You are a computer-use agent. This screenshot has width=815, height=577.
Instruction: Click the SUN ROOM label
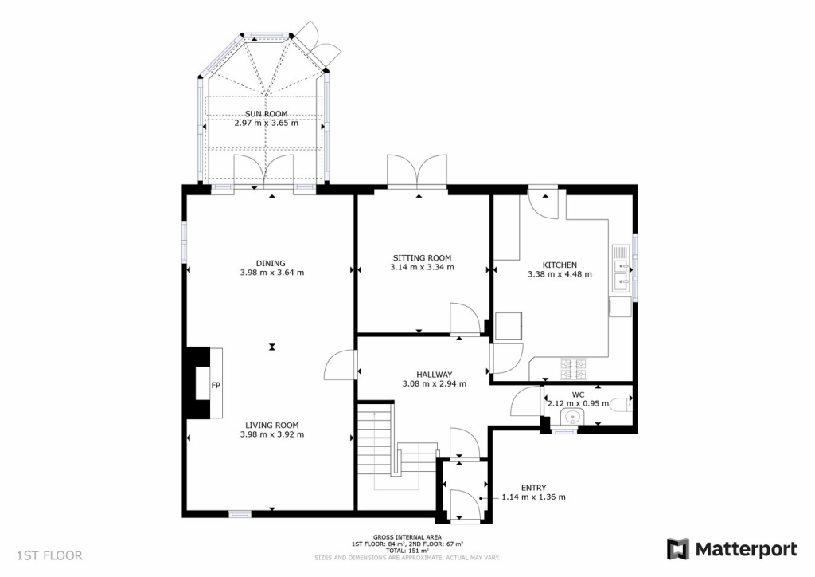coord(266,114)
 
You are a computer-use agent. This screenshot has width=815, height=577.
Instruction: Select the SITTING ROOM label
coord(422,258)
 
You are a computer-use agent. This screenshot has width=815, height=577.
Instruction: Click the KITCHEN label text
coord(560,265)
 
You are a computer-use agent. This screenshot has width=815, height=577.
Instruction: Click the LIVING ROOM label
coord(271,426)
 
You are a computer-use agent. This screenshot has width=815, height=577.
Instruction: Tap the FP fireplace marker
coord(215,386)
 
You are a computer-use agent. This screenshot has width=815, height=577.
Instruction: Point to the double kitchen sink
coord(622,269)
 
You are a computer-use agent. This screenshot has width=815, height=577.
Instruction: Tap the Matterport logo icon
coord(677,549)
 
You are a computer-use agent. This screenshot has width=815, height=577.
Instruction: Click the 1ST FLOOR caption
coord(49,555)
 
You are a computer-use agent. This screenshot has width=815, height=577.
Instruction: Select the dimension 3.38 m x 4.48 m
coord(560,275)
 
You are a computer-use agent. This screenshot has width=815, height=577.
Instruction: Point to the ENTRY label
coord(533,488)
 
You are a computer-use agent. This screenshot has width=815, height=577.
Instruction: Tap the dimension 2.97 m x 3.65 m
coord(266,124)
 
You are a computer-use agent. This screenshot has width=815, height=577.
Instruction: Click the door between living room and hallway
coord(338,367)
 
